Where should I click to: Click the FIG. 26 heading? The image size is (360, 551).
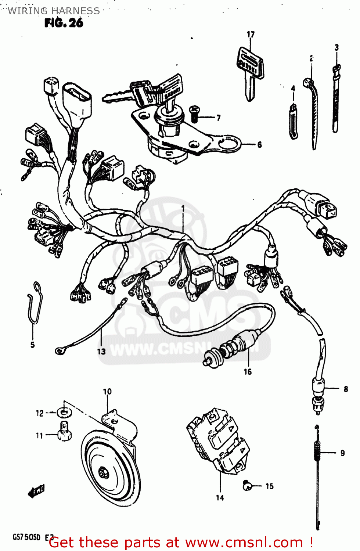click(64, 23)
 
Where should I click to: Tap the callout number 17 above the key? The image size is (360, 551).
click(251, 35)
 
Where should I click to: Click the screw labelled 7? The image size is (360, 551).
click(194, 114)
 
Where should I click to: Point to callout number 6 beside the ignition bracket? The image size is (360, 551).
click(259, 145)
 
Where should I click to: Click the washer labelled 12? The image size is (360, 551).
click(64, 413)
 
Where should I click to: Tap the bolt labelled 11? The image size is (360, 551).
click(64, 431)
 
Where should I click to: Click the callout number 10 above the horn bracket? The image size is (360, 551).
click(107, 392)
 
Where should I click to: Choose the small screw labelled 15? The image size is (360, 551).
click(247, 486)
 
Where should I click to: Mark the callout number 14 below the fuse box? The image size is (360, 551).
click(220, 498)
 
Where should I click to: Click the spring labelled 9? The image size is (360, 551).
click(317, 452)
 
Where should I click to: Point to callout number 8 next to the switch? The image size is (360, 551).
click(346, 389)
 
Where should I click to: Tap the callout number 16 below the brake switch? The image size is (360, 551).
click(248, 372)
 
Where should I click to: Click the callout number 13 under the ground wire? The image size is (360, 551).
click(101, 352)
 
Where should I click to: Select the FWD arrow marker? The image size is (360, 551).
click(36, 491)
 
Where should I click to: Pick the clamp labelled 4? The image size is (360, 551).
click(294, 121)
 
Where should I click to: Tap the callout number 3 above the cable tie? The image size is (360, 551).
click(336, 47)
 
